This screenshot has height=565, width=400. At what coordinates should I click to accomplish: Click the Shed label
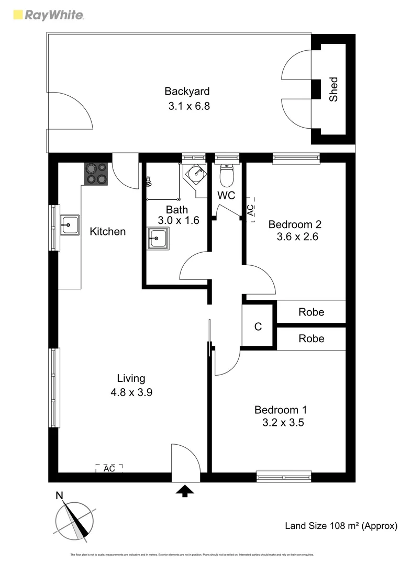click(x=334, y=89)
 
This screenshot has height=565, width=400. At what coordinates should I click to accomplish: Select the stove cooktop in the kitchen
click(x=96, y=173)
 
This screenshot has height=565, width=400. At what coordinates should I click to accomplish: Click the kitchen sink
click(x=69, y=225)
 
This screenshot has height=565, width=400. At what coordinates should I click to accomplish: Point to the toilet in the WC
click(x=226, y=176)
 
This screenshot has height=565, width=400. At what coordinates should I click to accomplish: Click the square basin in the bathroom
click(x=158, y=239)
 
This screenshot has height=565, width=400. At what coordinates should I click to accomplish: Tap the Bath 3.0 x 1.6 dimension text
click(x=179, y=220)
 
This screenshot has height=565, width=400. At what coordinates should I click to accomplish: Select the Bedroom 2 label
click(x=295, y=224)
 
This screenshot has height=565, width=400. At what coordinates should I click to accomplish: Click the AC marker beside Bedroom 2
click(x=250, y=210)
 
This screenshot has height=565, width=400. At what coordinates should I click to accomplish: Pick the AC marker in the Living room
click(x=109, y=468)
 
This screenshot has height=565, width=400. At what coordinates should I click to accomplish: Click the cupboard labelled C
click(x=258, y=327)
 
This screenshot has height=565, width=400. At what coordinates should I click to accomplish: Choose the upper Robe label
click(x=311, y=312)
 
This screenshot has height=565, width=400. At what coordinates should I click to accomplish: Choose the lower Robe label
click(x=311, y=338)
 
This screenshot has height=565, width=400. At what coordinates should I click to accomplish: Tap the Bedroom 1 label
click(x=281, y=410)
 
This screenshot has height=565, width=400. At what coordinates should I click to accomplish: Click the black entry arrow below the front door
click(x=185, y=491)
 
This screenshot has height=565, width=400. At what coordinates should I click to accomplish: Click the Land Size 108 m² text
click(x=340, y=526)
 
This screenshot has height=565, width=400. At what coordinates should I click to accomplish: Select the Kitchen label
click(x=107, y=231)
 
